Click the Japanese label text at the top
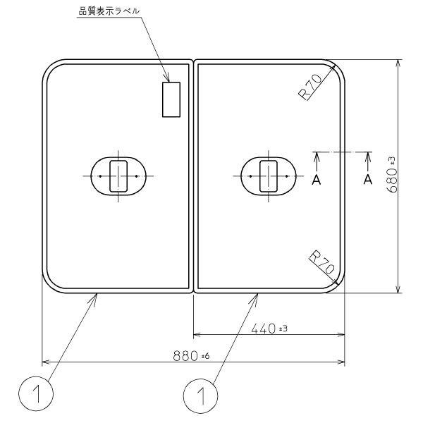click(x=109, y=11)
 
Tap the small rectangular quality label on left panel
click(x=171, y=99)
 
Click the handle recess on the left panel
click(x=118, y=175)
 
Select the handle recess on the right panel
click(x=268, y=175)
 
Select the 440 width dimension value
click(x=263, y=328)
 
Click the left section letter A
click(x=317, y=180)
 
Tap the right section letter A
click(x=367, y=180)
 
